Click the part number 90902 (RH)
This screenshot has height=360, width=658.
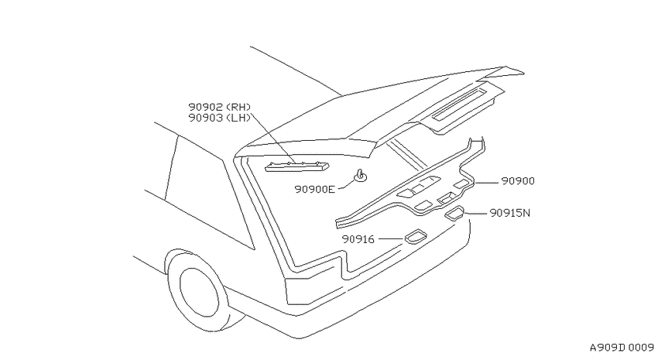coord(219,107)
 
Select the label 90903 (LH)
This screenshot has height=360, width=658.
coord(219,118)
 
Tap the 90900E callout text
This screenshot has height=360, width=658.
coord(315,189)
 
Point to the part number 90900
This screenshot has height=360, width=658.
coord(518,181)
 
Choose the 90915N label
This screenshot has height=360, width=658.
coord(510,213)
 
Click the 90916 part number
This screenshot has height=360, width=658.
coord(358,239)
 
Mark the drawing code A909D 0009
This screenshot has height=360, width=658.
coord(622,348)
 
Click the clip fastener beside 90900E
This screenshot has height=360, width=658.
coord(360,176)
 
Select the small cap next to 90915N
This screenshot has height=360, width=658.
coord(454,213)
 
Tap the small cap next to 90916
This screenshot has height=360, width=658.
coord(416,236)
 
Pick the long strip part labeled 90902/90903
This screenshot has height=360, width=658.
coord(296,166)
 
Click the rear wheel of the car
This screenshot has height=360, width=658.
coord(197,293)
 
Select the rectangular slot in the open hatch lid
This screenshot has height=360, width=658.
coord(460,104)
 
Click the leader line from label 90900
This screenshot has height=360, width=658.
coord(487,183)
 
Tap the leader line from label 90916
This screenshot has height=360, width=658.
coord(391,238)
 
